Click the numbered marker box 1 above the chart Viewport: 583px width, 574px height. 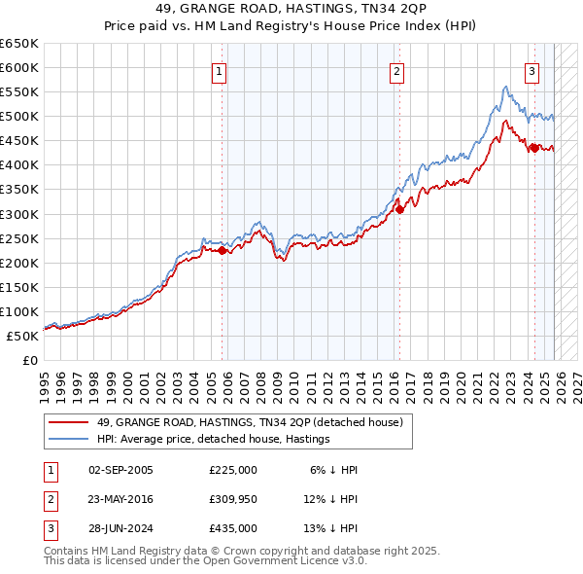(x=220, y=70)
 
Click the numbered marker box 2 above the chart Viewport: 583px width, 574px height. (x=397, y=70)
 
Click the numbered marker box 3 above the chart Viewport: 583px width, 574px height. (x=532, y=70)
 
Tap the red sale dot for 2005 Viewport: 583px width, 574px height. (x=222, y=250)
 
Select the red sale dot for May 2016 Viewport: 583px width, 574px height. (x=398, y=208)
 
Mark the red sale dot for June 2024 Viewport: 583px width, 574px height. (x=533, y=148)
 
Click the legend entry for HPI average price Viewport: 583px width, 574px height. (x=213, y=439)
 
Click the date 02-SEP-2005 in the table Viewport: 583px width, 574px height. (x=120, y=470)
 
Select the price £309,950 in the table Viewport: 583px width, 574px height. (x=233, y=499)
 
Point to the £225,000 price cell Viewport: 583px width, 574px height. (x=233, y=470)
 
